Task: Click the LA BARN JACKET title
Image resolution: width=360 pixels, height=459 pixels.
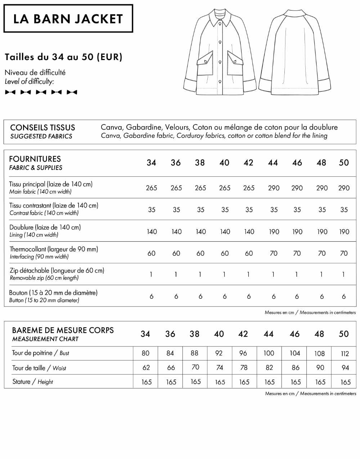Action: (68, 19)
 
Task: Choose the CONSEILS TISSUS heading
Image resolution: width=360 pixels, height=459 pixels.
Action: (42, 128)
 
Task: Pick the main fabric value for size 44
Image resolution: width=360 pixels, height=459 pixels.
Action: (274, 188)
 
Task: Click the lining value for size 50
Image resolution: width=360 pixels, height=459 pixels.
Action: (344, 232)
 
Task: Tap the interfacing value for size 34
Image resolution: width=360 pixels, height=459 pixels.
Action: (152, 253)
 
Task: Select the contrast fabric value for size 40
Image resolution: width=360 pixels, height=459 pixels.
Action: (225, 209)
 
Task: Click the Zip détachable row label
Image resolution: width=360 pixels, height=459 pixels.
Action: (57, 271)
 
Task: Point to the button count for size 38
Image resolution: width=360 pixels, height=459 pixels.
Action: (201, 296)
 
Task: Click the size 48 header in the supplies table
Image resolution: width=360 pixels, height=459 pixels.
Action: (321, 163)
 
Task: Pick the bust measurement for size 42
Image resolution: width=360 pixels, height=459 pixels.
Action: (243, 353)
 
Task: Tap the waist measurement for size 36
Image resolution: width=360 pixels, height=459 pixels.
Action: (171, 368)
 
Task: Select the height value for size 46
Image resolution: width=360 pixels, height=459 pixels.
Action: (296, 382)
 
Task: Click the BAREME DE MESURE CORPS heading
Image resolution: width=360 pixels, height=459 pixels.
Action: (63, 330)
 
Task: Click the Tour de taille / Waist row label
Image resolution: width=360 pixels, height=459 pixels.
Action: (39, 368)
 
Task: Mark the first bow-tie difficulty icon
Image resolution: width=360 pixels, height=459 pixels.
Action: (10, 92)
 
